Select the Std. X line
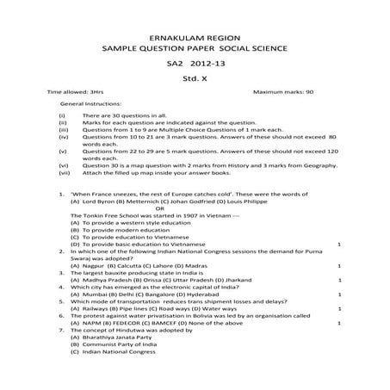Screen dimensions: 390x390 [194, 77]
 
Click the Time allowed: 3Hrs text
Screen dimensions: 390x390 [75, 90]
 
